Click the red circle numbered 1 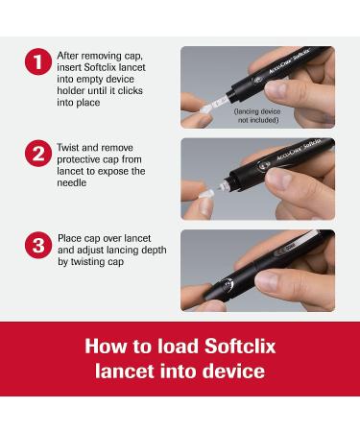coord(38,61)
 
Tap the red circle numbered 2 coord(38,154)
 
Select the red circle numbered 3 coord(38,245)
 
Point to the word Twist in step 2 coord(68,148)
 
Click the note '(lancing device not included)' coord(257,115)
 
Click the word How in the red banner coord(106,347)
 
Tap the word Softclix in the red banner coord(240,347)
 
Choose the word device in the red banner coord(233,372)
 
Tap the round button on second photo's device coord(263,165)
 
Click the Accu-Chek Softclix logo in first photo coord(289,60)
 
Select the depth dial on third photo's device coord(227,285)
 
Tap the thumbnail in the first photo coord(276,88)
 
